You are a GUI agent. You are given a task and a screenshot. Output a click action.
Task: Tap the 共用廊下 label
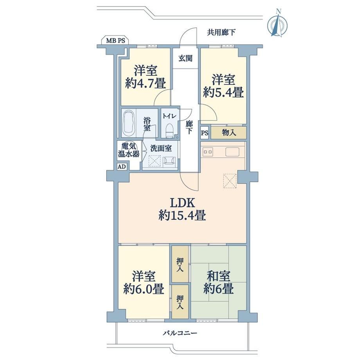pyautogui.click(x=221, y=32)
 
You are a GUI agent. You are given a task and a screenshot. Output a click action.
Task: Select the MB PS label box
pyautogui.click(x=115, y=40)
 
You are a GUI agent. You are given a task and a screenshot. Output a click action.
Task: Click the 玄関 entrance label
pyautogui.click(x=185, y=59)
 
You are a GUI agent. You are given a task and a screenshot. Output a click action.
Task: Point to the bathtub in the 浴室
pyautogui.click(x=129, y=124)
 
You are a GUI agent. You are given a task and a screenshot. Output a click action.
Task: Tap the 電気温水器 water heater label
pyautogui.click(x=129, y=150)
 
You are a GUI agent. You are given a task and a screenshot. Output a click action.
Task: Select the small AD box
pyautogui.click(x=122, y=166)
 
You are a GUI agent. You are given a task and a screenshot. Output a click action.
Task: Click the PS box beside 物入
pyautogui.click(x=205, y=133)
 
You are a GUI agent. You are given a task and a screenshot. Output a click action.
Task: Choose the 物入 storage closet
pyautogui.click(x=229, y=133)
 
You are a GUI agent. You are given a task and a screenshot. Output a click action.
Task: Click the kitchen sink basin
pyautogui.click(x=232, y=152)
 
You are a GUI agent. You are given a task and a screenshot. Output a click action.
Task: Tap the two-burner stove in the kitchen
pyautogui.click(x=207, y=152)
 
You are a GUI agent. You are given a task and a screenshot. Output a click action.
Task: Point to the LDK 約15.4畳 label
pyautogui.click(x=182, y=209)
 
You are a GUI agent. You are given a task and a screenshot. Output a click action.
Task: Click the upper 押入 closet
pyautogui.click(x=180, y=264)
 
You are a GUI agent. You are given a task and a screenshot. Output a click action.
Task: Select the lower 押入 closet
pyautogui.click(x=180, y=302)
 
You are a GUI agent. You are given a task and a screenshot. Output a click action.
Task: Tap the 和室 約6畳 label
pyautogui.click(x=219, y=283)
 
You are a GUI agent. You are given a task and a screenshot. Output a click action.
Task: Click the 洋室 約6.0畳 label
pyautogui.click(x=144, y=283)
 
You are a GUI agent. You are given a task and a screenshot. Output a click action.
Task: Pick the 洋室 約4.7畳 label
pyautogui.click(x=146, y=77)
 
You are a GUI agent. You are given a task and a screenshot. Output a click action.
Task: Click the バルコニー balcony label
pyautogui.click(x=180, y=333)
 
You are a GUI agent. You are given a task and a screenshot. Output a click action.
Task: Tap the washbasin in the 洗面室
pyautogui.click(x=169, y=162)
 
